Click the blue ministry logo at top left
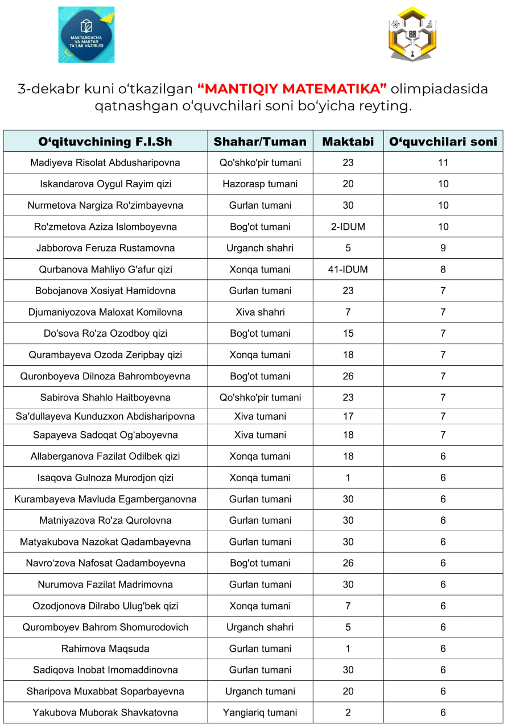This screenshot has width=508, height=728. tap(86, 35)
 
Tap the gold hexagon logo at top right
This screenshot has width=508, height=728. tap(412, 34)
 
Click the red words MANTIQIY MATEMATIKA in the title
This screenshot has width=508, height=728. tap(292, 89)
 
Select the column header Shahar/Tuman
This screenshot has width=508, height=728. tap(260, 142)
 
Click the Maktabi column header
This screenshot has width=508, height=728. tap(348, 142)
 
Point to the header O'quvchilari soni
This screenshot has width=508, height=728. tap(443, 142)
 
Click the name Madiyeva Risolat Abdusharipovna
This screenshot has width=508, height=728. tap(105, 163)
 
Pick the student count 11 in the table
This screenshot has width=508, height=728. tap(443, 163)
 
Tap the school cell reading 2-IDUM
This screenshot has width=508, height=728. tap(348, 227)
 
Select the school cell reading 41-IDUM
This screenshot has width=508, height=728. tap(348, 270)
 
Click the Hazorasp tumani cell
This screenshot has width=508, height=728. tap(260, 184)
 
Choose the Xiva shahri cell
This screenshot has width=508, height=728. tap(260, 312)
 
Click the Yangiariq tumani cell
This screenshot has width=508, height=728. tap(260, 713)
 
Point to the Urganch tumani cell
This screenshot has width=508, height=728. tap(260, 692)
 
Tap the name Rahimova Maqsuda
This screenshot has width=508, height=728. tap(105, 649)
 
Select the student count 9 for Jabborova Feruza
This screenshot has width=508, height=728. tap(443, 248)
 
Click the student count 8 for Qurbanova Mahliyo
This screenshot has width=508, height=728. tap(443, 270)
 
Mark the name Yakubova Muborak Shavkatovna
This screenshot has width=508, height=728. tap(105, 713)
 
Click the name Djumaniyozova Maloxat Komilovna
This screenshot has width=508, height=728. tap(105, 312)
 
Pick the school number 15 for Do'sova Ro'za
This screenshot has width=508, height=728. tap(348, 333)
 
